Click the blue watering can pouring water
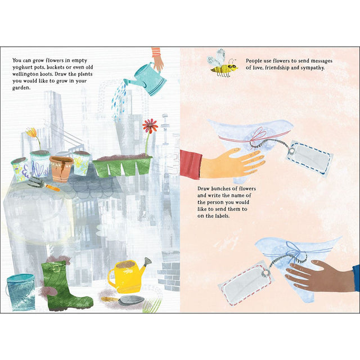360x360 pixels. pyautogui.click(x=147, y=79)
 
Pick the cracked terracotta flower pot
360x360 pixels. pyautogui.click(x=60, y=168)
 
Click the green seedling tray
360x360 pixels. pyautogui.click(x=123, y=166)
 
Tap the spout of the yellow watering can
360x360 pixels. pyautogui.click(x=146, y=263)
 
